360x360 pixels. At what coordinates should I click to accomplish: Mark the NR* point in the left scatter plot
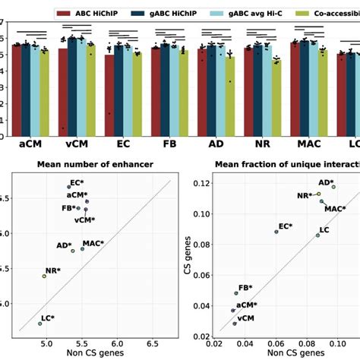44,276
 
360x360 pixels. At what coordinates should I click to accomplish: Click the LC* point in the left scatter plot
40,324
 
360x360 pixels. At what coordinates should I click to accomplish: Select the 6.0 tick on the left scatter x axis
116,343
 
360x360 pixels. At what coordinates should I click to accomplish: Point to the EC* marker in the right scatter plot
276,232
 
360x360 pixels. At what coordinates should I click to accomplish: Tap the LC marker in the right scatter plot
318,235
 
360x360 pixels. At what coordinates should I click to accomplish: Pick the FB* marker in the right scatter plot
236,293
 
